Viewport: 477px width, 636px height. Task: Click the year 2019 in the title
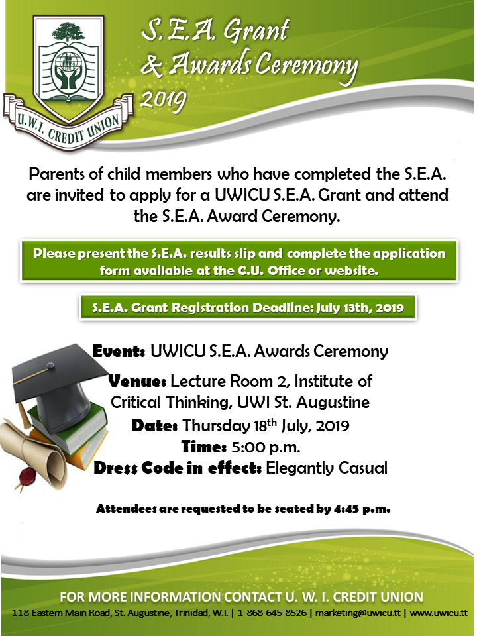(x=164, y=100)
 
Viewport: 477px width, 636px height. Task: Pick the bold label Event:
(x=120, y=351)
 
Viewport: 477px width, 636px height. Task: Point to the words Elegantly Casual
(x=326, y=468)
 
